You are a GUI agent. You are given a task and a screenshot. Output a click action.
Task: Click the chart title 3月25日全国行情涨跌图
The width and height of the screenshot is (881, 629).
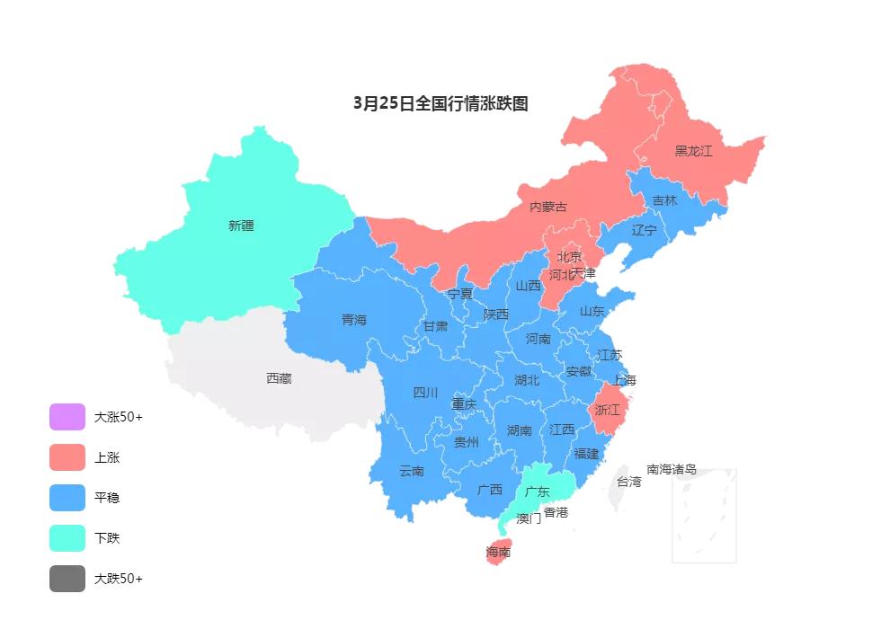pos(440,103)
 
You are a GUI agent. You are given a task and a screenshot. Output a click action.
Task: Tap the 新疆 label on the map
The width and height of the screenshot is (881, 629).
pos(241,226)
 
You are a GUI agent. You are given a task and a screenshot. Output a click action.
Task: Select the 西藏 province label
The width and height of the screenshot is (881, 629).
pos(279,378)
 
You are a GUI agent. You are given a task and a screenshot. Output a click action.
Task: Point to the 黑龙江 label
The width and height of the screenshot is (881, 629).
pos(693,151)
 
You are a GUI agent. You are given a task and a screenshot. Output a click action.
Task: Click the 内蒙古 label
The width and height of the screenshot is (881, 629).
pos(547,207)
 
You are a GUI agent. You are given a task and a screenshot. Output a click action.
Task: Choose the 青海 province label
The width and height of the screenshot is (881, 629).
pos(354,320)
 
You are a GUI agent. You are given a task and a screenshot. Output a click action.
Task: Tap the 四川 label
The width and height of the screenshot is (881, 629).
pos(425,393)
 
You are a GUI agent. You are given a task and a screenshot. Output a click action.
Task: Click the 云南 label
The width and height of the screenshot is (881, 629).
pos(412,471)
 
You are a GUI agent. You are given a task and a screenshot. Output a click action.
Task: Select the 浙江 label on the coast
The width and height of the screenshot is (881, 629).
pos(608,410)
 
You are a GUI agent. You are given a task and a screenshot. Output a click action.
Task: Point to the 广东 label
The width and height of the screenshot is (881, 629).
pos(537,492)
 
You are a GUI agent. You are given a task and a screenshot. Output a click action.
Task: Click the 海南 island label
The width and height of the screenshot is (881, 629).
pos(498,552)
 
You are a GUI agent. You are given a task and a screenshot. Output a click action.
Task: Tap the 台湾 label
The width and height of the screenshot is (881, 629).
pos(628,482)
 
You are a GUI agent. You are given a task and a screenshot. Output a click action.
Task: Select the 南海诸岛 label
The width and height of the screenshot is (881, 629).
pos(672,469)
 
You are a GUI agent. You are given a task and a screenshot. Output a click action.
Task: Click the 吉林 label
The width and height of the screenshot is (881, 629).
pos(664,200)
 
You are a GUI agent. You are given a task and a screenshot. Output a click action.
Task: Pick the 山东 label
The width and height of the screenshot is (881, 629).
pos(592,311)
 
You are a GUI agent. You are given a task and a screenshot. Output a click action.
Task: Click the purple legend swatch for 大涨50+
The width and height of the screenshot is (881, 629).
pos(67,417)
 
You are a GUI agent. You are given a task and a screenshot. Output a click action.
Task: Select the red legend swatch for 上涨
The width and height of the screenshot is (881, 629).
pos(67,457)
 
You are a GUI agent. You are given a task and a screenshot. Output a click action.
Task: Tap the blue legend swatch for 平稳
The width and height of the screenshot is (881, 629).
pos(67,498)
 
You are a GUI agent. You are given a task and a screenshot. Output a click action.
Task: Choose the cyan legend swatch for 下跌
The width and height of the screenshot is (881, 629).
pos(67,538)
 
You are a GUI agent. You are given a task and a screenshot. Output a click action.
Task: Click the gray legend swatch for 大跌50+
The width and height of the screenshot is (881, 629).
pos(67,579)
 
